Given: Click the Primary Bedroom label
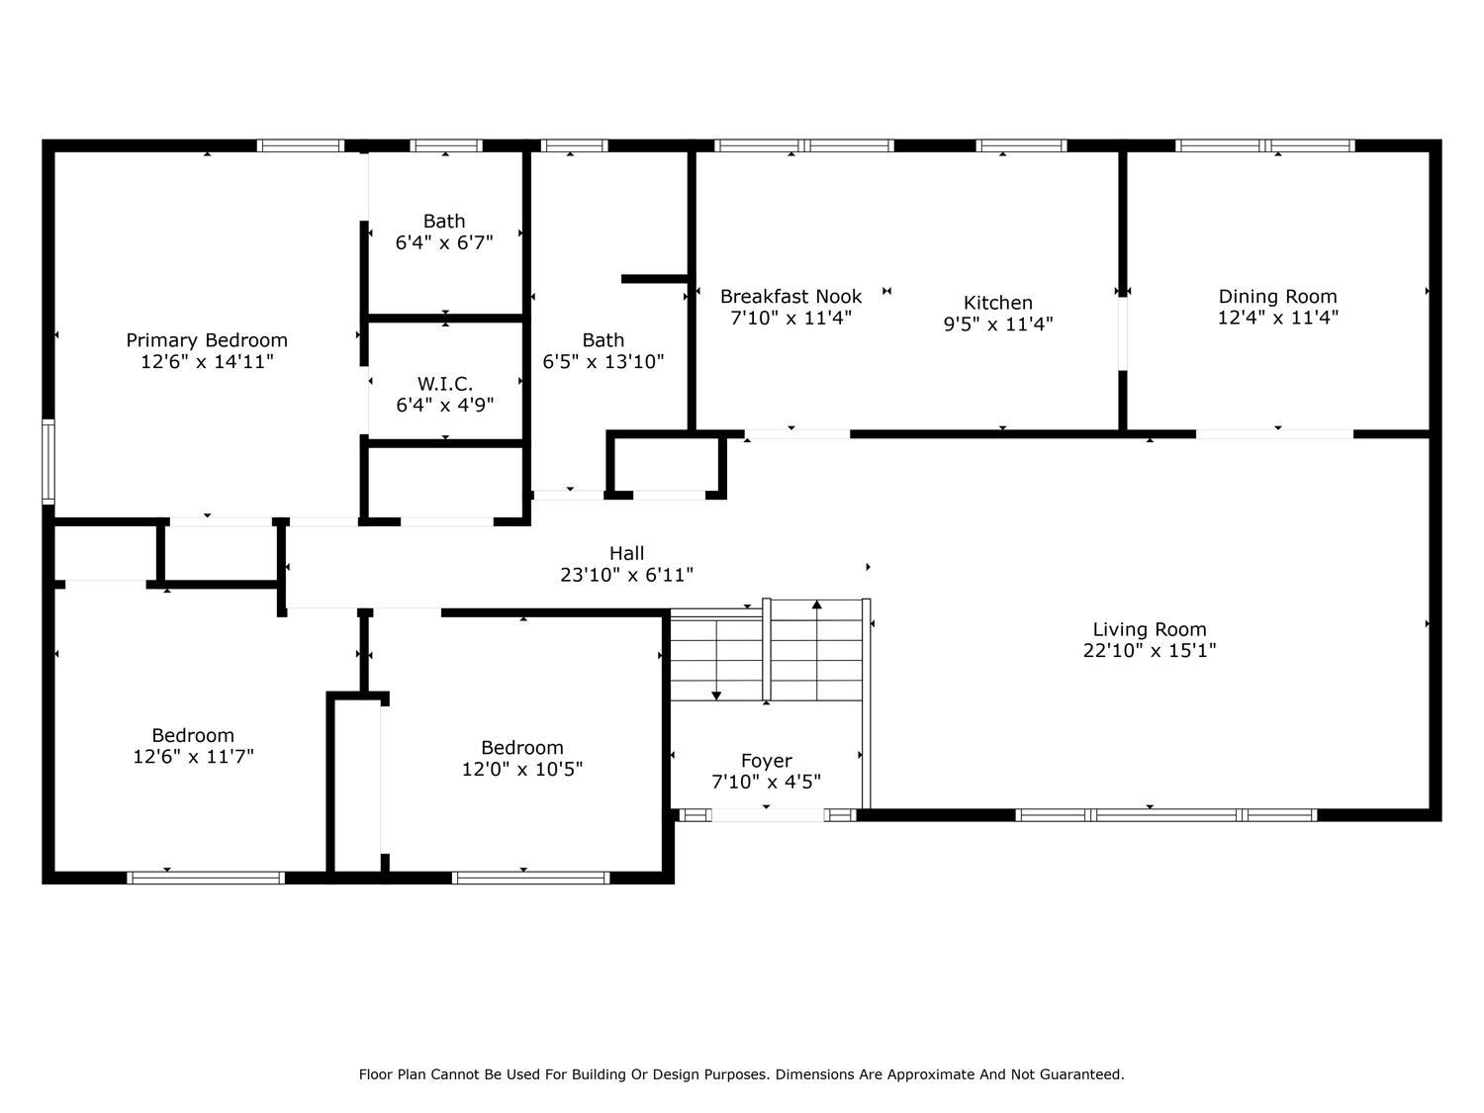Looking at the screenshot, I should click(207, 340).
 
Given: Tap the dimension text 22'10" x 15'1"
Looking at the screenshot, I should click(1149, 651).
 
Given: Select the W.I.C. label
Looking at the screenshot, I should click(444, 384).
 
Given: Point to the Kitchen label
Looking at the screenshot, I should click(997, 303).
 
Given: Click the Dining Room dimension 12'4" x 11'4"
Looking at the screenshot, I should click(1277, 318).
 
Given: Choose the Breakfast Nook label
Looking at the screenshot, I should click(790, 296).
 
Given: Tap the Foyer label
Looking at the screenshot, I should click(766, 760).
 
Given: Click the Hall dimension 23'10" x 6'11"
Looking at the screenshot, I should click(626, 575).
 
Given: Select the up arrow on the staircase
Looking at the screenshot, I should click(816, 604).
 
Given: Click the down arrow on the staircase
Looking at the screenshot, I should click(716, 696).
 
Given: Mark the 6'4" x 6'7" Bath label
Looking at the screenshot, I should click(444, 221).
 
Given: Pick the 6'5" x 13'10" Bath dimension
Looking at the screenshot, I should click(603, 362).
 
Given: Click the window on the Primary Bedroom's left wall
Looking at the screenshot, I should click(47, 461).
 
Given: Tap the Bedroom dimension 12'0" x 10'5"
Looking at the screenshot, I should click(521, 769).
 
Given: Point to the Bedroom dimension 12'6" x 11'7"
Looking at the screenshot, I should click(193, 757).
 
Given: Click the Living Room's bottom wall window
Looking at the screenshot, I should click(1165, 815).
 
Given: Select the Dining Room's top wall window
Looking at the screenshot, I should click(1264, 145).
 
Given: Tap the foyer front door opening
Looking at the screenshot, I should click(768, 815).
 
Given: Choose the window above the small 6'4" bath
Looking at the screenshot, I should click(445, 145).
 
